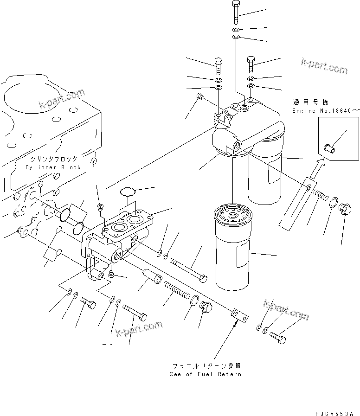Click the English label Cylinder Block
(53, 167)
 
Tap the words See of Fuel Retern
(205, 374)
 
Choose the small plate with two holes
(239, 316)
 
